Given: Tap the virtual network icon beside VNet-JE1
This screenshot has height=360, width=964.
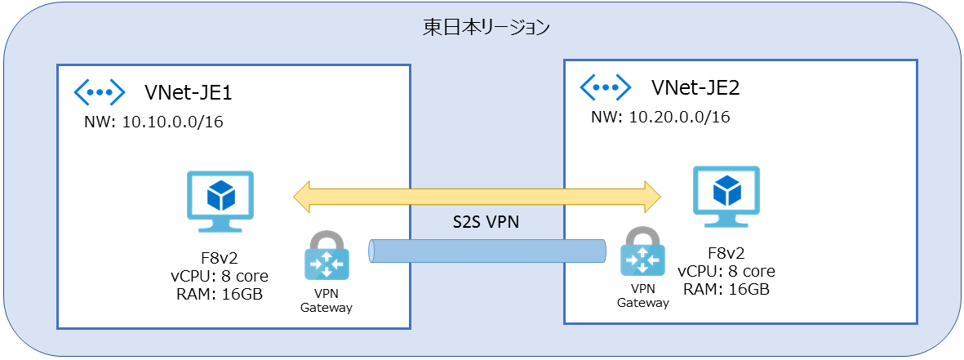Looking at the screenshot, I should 99,91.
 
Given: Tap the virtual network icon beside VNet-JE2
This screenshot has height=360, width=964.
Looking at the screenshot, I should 605,86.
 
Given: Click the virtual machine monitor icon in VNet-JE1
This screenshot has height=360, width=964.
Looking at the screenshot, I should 220,196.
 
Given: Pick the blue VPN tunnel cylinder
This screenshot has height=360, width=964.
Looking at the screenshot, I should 487,251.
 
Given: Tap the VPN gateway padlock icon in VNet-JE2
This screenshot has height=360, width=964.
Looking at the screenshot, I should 642,251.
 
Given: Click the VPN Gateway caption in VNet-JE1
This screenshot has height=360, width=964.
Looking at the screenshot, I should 327,301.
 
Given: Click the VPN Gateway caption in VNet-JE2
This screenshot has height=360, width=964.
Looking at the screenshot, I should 642,296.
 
